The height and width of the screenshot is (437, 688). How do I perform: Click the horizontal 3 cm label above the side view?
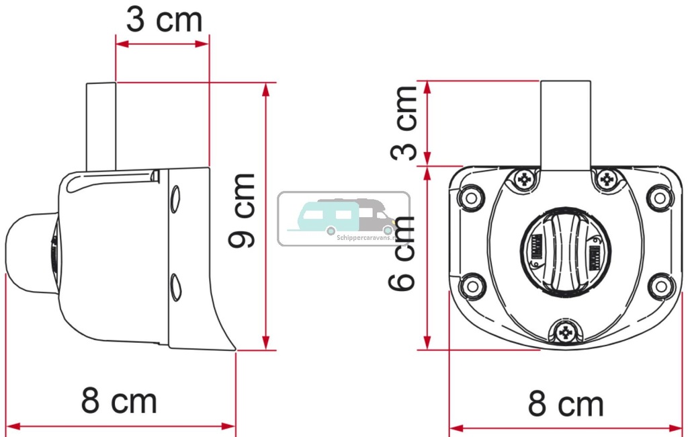pos(165,20)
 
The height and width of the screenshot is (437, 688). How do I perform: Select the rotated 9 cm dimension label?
pos(243,210)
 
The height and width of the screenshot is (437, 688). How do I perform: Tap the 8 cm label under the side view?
pos(120,401)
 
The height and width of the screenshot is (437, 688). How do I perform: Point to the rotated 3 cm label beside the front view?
pos(404,122)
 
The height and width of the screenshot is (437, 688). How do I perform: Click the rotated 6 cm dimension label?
pos(403,252)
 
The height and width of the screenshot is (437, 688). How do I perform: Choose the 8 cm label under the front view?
pos(566,405)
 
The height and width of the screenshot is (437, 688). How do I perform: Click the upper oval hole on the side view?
pos(175,199)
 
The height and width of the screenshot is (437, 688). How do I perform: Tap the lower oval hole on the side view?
pos(175,286)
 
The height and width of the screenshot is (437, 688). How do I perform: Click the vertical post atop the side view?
pos(101,126)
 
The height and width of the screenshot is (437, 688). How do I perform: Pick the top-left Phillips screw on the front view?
pos(523,179)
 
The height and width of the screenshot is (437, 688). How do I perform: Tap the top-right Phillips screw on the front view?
pos(608,179)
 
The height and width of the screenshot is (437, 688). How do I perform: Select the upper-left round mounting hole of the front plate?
pos(470,197)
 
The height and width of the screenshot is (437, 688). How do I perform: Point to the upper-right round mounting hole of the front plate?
pos(660,197)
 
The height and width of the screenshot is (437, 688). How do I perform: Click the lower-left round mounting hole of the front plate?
pos(474,285)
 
